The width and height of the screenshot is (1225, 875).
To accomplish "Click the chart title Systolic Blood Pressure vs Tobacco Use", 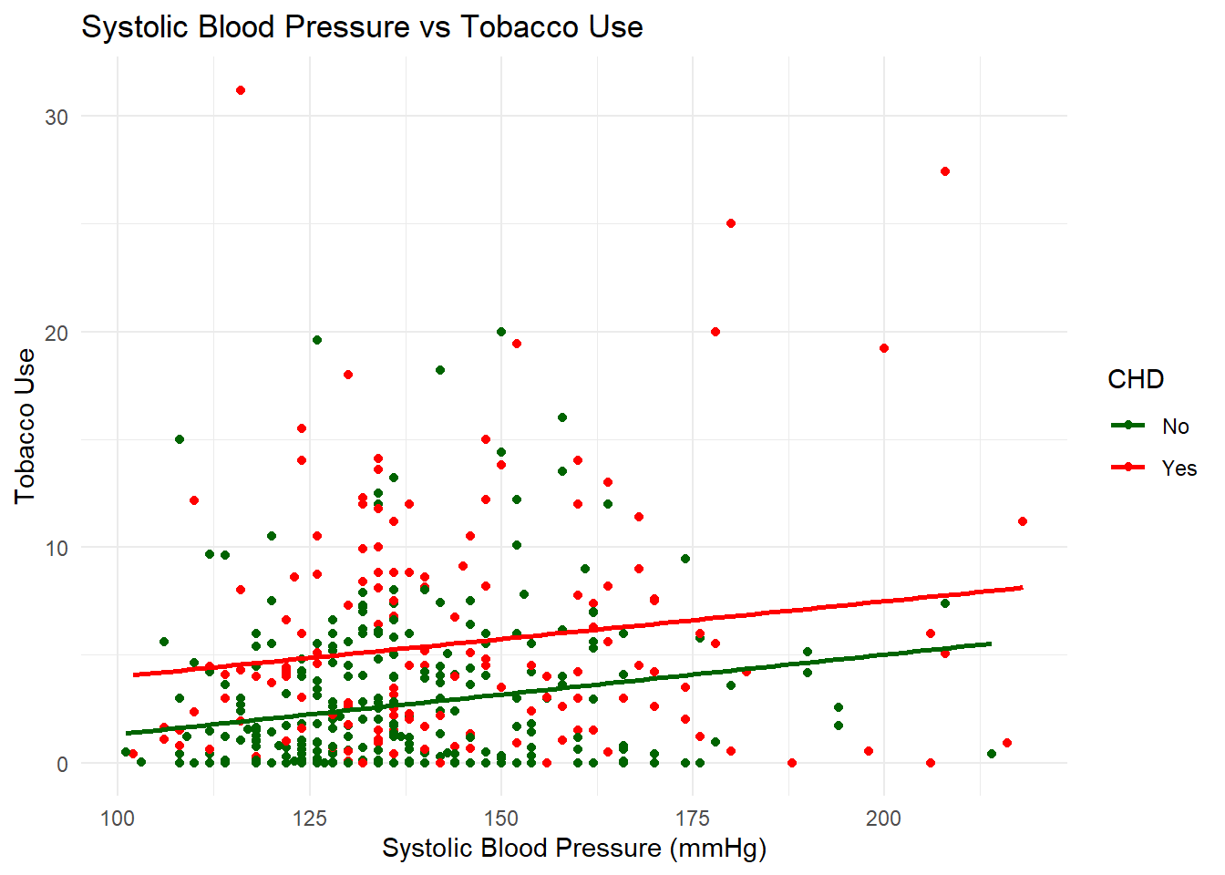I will [x=362, y=27].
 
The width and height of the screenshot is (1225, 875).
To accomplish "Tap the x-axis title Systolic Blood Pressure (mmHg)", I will [x=573, y=848].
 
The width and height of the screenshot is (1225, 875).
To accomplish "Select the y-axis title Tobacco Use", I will [x=25, y=426].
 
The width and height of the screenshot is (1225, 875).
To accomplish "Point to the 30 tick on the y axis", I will [x=57, y=118].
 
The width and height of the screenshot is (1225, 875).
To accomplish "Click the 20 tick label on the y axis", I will [x=57, y=333].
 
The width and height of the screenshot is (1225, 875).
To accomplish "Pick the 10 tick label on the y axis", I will [x=57, y=549].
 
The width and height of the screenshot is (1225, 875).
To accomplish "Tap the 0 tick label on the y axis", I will [x=62, y=764].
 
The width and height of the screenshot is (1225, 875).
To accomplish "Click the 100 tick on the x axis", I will [x=118, y=818].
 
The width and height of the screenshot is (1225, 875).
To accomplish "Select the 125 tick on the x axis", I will [x=309, y=818].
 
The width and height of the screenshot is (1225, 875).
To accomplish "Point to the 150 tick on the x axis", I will [x=501, y=818].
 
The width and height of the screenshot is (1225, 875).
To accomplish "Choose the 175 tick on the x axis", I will [x=693, y=818].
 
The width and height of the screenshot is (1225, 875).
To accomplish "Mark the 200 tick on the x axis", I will [x=884, y=818].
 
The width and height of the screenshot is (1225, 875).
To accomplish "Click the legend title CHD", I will [x=1136, y=379].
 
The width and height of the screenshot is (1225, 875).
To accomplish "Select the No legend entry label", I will [x=1175, y=427].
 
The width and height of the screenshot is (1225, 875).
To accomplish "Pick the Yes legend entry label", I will [x=1179, y=468].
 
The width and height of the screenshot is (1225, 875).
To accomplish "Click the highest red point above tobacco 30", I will [x=241, y=90].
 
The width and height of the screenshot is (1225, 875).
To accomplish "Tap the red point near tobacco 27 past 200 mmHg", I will [x=945, y=171].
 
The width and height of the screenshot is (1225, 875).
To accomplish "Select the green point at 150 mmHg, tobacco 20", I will [x=501, y=332].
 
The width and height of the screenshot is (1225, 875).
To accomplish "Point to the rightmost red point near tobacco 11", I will [x=1023, y=521].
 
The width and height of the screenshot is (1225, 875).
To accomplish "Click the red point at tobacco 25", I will [x=731, y=223].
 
